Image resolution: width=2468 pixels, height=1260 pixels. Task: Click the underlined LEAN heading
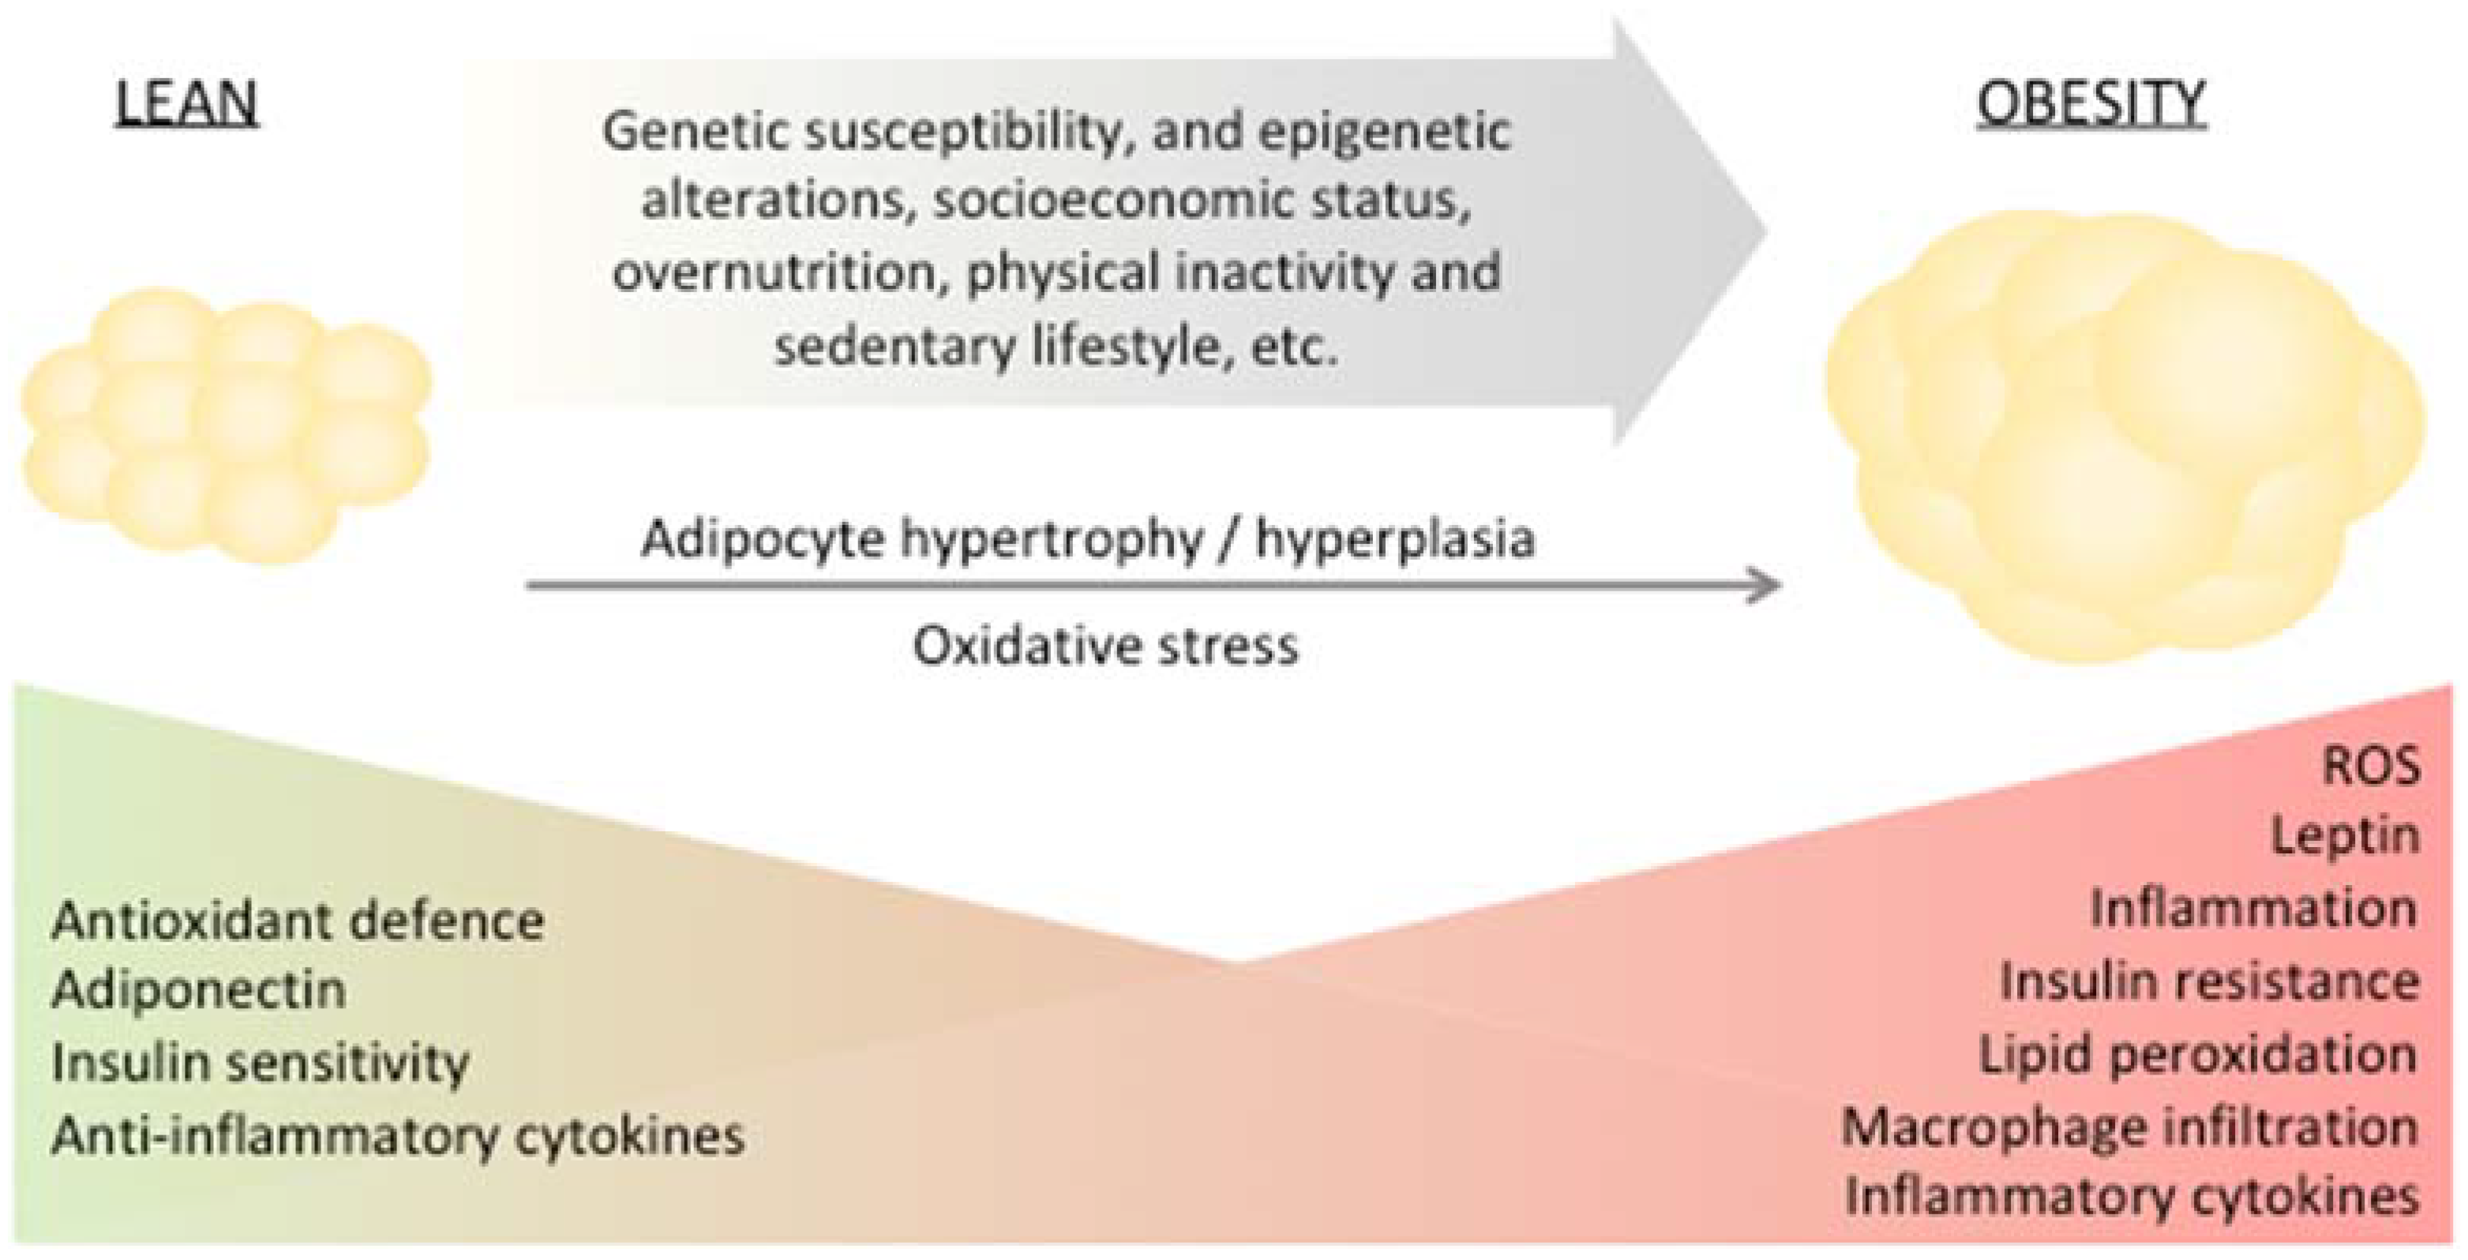coord(187,103)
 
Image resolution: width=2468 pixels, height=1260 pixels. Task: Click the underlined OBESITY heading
coord(2091,103)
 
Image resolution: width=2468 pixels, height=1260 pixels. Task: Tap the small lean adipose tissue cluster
coord(226,426)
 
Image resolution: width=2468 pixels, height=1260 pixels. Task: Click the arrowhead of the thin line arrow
coord(1768,584)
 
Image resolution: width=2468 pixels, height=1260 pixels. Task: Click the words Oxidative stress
coord(1105,646)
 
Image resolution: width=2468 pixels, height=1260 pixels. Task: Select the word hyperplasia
coord(1395,538)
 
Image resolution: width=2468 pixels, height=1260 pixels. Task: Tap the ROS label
coord(2371,767)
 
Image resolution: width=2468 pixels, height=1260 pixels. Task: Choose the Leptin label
coord(2346,837)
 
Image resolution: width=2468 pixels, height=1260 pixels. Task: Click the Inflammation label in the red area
coord(2253,909)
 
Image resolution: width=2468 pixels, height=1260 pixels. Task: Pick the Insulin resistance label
coord(2209,981)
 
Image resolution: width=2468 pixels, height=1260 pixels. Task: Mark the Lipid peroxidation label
coord(2198,1055)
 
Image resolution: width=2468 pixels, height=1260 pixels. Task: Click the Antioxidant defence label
coord(298,921)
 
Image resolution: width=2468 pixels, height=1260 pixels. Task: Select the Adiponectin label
coord(198,989)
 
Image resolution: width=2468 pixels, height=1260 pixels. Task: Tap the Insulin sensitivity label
coord(261,1063)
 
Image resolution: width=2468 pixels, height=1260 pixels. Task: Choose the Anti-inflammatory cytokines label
coord(398,1136)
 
